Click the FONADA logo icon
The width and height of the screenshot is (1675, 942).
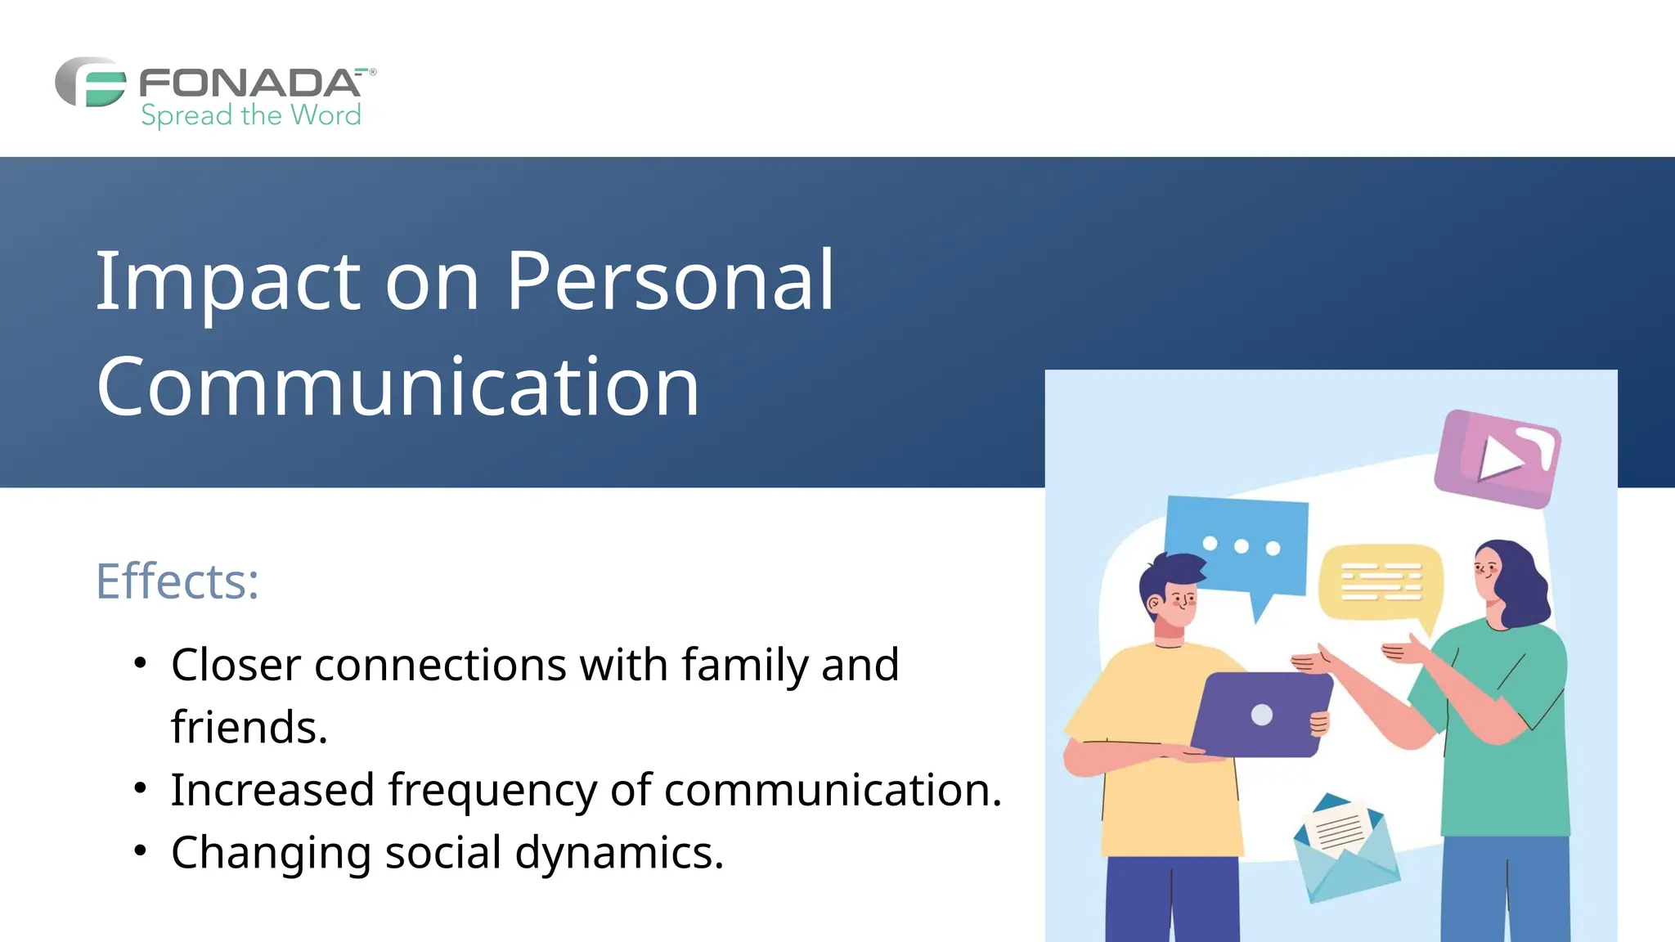pyautogui.click(x=91, y=82)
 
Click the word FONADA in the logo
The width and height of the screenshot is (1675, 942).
pyautogui.click(x=249, y=83)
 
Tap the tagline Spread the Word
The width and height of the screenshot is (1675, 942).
pyautogui.click(x=250, y=115)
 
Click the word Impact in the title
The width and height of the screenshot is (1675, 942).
pyautogui.click(x=228, y=281)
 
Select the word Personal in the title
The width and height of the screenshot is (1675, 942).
pyautogui.click(x=671, y=281)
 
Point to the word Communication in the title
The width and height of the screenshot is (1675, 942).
pyautogui.click(x=398, y=387)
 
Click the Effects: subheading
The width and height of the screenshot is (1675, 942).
pyautogui.click(x=177, y=581)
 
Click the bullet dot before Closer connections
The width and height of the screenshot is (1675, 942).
pyautogui.click(x=141, y=662)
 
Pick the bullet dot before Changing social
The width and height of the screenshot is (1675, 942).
pyautogui.click(x=141, y=851)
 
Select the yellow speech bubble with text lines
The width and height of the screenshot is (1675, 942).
pyautogui.click(x=1381, y=582)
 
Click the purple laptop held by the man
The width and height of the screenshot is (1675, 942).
pyautogui.click(x=1260, y=715)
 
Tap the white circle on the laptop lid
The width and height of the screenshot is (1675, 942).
pyautogui.click(x=1262, y=715)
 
